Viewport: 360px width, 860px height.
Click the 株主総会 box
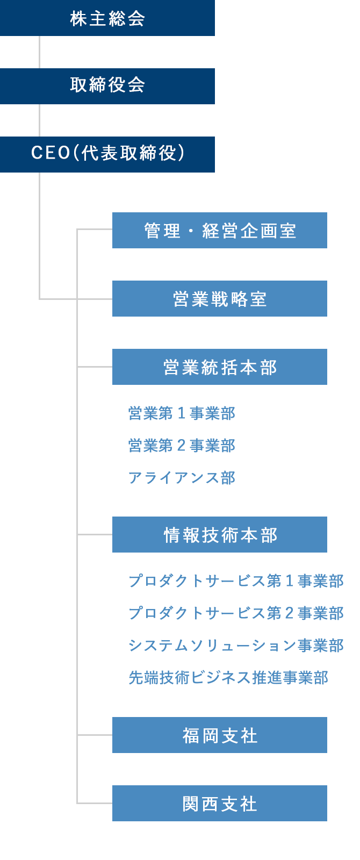click(x=107, y=18)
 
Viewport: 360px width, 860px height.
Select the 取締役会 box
click(x=107, y=86)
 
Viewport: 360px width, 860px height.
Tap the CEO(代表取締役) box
click(x=107, y=154)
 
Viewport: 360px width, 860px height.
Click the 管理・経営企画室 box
click(x=219, y=231)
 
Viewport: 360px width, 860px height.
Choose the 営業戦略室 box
click(x=219, y=299)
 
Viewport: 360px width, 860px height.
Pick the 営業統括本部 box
click(x=219, y=367)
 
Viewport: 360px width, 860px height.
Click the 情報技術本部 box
click(x=219, y=535)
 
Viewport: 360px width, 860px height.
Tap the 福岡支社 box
click(x=219, y=735)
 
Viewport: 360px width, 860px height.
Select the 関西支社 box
click(x=219, y=803)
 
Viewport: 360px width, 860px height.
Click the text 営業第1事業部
click(x=182, y=413)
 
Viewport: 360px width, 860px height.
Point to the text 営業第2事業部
click(x=182, y=446)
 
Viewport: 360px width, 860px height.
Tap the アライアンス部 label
click(x=182, y=478)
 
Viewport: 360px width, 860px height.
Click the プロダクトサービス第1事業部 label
click(x=236, y=581)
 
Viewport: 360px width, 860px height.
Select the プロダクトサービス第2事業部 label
click(x=236, y=613)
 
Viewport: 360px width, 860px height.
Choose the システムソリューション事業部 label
click(x=236, y=646)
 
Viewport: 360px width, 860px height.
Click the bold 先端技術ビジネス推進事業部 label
click(x=228, y=678)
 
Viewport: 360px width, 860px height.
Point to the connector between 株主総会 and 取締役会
click(x=39, y=52)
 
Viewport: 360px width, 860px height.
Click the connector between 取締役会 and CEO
click(x=39, y=120)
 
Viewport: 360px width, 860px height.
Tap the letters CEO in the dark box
click(x=51, y=154)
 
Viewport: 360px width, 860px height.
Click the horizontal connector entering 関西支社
click(x=95, y=803)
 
